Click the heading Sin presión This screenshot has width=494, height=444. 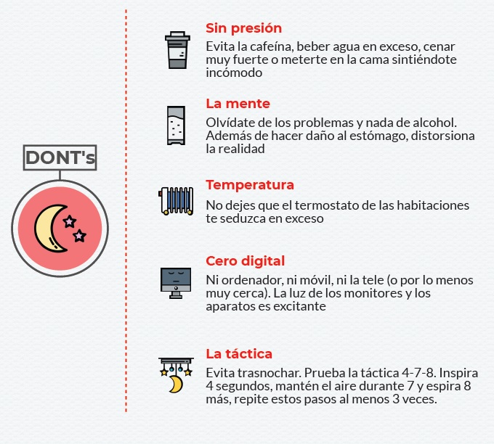(x=243, y=28)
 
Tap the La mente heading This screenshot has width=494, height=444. (x=238, y=104)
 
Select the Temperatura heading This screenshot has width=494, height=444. (x=250, y=185)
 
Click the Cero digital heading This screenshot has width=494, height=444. (x=245, y=261)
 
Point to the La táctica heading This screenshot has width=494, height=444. (x=239, y=354)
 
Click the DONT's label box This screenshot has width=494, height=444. (x=60, y=157)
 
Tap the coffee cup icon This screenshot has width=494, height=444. (x=177, y=50)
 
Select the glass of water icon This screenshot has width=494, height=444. (x=176, y=126)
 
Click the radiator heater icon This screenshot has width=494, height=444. (x=176, y=201)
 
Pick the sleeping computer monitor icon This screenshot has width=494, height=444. (x=176, y=283)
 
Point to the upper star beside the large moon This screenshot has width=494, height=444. (x=69, y=221)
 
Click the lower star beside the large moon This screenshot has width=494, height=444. (x=79, y=235)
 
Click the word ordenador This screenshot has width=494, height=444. (x=251, y=280)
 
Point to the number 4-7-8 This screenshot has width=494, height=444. (x=418, y=373)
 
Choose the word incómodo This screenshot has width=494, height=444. (x=234, y=73)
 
